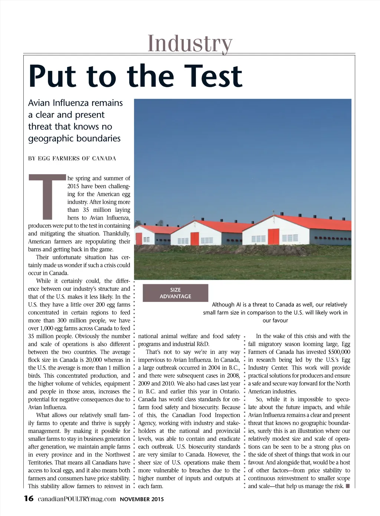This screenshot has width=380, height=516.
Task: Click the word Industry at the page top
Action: tap(190, 44)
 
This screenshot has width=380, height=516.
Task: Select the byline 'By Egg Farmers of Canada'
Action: tap(72, 158)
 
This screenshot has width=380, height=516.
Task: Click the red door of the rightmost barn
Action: tap(273, 237)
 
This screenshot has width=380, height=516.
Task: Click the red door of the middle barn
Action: tap(194, 239)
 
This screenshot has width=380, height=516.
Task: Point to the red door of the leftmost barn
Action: tap(139, 239)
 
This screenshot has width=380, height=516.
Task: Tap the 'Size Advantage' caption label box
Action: tap(175, 293)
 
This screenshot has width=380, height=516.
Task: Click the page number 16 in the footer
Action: tap(29, 499)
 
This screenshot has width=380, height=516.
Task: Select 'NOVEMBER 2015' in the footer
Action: tap(142, 499)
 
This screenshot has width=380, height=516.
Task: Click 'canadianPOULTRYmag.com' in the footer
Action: tap(77, 499)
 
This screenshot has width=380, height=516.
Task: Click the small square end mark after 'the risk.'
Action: tap(348, 486)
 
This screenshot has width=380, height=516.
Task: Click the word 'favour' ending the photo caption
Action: tap(275, 321)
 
